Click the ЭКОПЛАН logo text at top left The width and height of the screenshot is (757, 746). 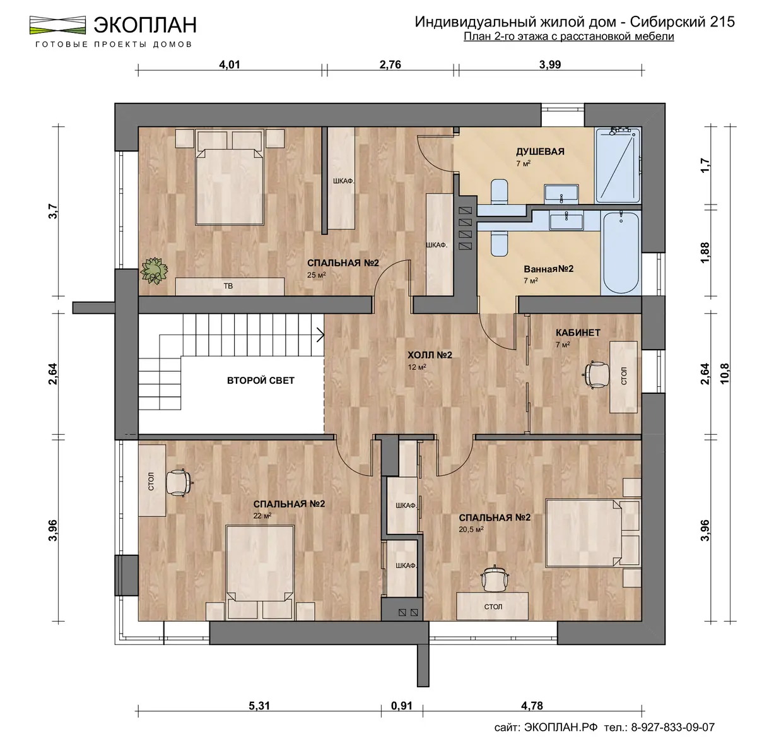[x=145, y=25]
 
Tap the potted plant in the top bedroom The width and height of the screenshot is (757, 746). [x=154, y=270]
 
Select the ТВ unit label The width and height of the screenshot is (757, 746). [x=228, y=286]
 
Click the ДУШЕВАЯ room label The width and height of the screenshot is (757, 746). [x=540, y=151]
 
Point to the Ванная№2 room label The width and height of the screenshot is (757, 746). [x=548, y=269]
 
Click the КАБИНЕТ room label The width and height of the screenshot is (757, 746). [x=578, y=333]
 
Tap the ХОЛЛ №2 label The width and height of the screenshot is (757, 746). [x=430, y=355]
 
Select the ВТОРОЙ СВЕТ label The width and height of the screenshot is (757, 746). [x=261, y=380]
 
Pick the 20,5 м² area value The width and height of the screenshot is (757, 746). [x=471, y=530]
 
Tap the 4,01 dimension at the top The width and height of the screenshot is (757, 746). [x=230, y=64]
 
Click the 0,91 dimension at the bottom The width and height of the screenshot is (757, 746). [x=402, y=706]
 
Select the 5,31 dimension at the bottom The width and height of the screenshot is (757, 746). [x=259, y=706]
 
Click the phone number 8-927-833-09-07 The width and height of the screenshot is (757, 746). [x=672, y=728]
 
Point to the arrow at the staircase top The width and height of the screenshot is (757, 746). [x=320, y=335]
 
